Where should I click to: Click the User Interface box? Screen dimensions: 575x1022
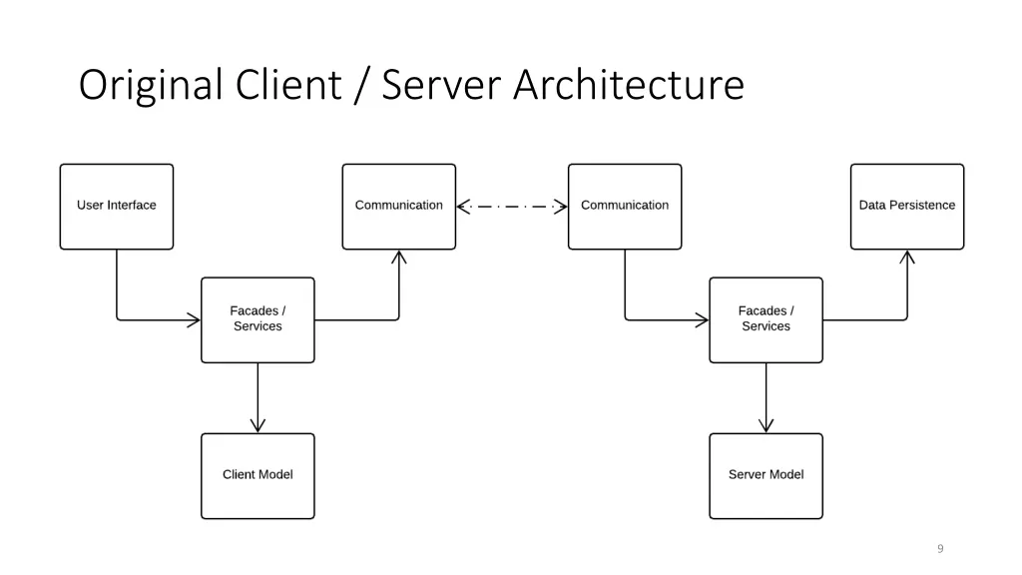click(117, 207)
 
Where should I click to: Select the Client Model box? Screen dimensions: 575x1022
click(257, 475)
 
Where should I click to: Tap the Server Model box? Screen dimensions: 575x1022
click(766, 475)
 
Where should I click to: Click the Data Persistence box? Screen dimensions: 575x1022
click(906, 207)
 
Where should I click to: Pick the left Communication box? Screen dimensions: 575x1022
click(398, 207)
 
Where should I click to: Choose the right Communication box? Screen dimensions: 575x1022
click(625, 207)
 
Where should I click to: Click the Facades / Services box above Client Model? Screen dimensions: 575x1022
click(257, 319)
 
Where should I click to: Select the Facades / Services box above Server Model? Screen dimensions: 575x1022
click(766, 319)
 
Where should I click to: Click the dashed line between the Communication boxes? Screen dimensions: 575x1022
click(512, 207)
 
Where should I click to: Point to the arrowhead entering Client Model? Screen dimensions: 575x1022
click(257, 425)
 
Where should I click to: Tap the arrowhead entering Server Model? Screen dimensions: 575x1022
click(766, 425)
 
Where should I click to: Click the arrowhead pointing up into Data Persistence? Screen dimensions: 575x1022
click(906, 258)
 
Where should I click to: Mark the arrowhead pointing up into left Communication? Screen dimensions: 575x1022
click(399, 258)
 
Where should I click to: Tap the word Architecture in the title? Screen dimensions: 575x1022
click(629, 86)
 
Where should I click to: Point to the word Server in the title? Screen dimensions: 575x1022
click(442, 86)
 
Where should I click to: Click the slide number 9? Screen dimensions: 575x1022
click(940, 548)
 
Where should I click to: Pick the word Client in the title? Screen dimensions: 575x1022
click(288, 86)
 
